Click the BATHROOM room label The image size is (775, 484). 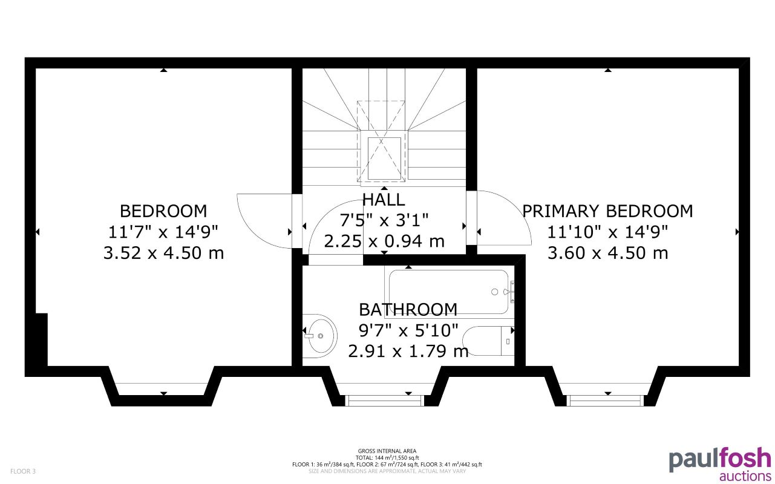coord(408,310)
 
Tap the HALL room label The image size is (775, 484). coord(384,199)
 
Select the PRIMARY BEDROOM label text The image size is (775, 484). coord(607,211)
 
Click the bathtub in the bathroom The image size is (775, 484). coord(448,292)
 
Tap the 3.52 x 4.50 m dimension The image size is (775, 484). coord(163,253)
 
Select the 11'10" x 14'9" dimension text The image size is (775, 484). coord(607,232)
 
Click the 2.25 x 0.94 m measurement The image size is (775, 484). coord(384,241)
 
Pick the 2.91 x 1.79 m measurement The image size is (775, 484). coord(408,351)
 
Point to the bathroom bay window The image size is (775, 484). coord(384,400)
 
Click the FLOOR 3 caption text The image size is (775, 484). coord(23,471)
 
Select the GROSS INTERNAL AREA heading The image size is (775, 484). coord(387,451)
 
